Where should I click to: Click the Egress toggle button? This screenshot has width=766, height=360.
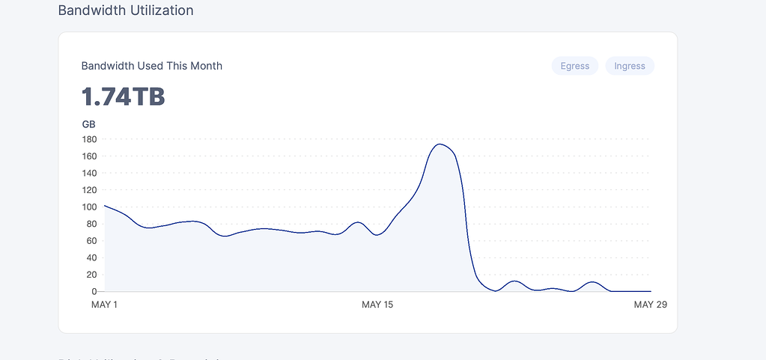coord(575,66)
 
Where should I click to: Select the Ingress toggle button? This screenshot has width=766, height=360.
coord(629,66)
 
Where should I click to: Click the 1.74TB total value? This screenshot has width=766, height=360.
coord(123,97)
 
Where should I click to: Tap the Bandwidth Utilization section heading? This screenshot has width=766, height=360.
coord(126,10)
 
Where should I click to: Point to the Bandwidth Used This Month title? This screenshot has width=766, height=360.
coord(151,66)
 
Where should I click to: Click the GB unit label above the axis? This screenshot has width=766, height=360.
coord(88,124)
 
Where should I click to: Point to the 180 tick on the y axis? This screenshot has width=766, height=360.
coord(90,139)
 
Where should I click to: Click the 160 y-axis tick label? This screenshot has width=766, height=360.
coord(90,156)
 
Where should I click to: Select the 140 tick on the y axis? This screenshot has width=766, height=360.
coord(90,173)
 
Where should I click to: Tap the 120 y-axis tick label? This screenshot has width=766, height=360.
coord(90,190)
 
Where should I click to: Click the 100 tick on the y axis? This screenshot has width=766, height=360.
coord(90,207)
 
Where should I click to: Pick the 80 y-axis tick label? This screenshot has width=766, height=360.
coord(92,224)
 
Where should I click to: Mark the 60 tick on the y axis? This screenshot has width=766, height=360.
coord(92,240)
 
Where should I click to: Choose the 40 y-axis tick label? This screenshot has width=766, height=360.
coord(92,257)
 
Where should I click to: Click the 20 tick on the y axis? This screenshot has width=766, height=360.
coord(92,275)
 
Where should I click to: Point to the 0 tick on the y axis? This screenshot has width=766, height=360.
coord(94,291)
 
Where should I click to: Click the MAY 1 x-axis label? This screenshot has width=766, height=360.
coord(105,305)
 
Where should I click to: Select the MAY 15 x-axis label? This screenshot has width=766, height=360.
coord(377,305)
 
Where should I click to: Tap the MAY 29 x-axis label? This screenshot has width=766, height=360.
coord(650,305)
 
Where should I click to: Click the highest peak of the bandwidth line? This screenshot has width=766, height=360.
coord(440,144)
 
